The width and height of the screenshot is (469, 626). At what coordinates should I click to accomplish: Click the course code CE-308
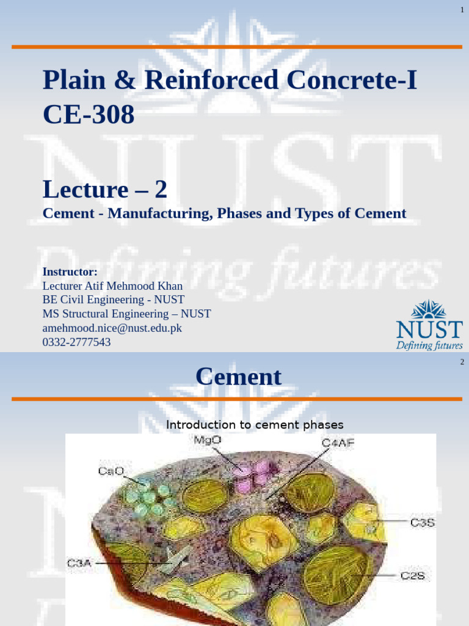click(x=89, y=114)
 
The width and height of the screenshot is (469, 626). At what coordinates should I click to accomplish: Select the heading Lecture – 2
click(x=104, y=190)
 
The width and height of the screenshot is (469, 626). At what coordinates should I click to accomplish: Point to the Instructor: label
click(x=70, y=271)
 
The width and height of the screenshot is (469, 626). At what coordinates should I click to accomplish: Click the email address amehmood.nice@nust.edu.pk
click(x=112, y=328)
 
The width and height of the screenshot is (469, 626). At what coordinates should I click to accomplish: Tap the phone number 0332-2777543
click(x=76, y=342)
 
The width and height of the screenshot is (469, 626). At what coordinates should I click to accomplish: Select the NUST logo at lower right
click(x=429, y=325)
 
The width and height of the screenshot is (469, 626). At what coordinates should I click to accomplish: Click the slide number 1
click(x=462, y=10)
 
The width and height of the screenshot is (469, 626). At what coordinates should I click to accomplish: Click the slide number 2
click(x=462, y=362)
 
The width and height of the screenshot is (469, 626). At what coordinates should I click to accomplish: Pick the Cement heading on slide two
click(x=238, y=377)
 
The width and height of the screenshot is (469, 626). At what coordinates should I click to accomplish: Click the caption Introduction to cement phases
click(x=255, y=424)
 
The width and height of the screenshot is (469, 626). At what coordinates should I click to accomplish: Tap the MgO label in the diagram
click(x=208, y=440)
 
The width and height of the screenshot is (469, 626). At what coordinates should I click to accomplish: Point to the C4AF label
click(x=338, y=443)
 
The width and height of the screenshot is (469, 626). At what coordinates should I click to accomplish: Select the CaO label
click(x=111, y=471)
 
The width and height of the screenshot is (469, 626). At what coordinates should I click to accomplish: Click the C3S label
click(x=422, y=523)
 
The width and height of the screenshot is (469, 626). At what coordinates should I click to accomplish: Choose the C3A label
click(x=79, y=564)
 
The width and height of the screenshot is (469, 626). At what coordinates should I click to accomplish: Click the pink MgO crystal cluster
click(x=252, y=476)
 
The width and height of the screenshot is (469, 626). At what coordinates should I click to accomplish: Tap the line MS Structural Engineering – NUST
click(x=126, y=314)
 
